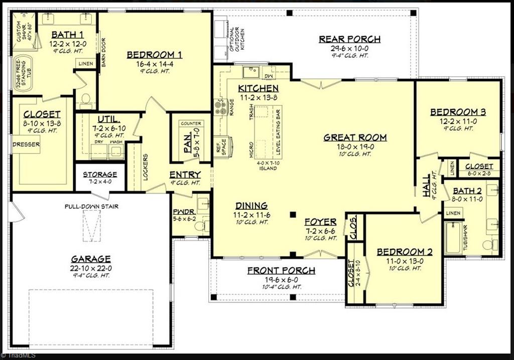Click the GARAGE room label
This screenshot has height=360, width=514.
click(90, 259)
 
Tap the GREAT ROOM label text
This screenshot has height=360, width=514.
click(355, 137)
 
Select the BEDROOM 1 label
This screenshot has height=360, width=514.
click(154, 55)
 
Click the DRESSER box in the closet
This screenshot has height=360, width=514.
click(26, 145)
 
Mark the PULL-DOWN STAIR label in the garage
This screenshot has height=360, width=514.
click(91, 206)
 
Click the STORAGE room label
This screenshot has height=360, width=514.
click(100, 174)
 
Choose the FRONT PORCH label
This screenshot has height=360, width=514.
click(281, 271)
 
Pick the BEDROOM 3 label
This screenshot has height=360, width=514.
click(458, 112)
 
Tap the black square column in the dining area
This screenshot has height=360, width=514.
click(293, 215)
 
